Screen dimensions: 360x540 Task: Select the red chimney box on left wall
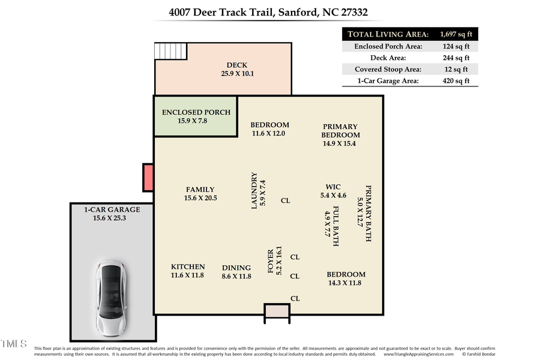coord(148,178)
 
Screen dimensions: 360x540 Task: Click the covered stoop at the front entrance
coord(277,311)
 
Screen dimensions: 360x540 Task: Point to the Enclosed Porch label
coord(196,116)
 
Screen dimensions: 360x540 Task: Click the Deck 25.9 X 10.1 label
coord(236,70)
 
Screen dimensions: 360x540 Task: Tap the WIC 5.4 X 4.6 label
coord(333,191)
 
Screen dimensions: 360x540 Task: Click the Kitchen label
coord(188,271)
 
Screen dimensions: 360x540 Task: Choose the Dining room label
coord(236,272)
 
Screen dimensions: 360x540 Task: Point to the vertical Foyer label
coord(275,262)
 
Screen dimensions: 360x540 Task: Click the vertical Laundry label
coord(258,191)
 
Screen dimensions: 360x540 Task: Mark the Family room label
coord(200,193)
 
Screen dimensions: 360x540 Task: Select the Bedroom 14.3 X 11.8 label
coord(344,278)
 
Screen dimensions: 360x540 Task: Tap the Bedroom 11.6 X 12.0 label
coord(269,129)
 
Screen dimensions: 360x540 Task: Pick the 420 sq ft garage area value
coord(455,81)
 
